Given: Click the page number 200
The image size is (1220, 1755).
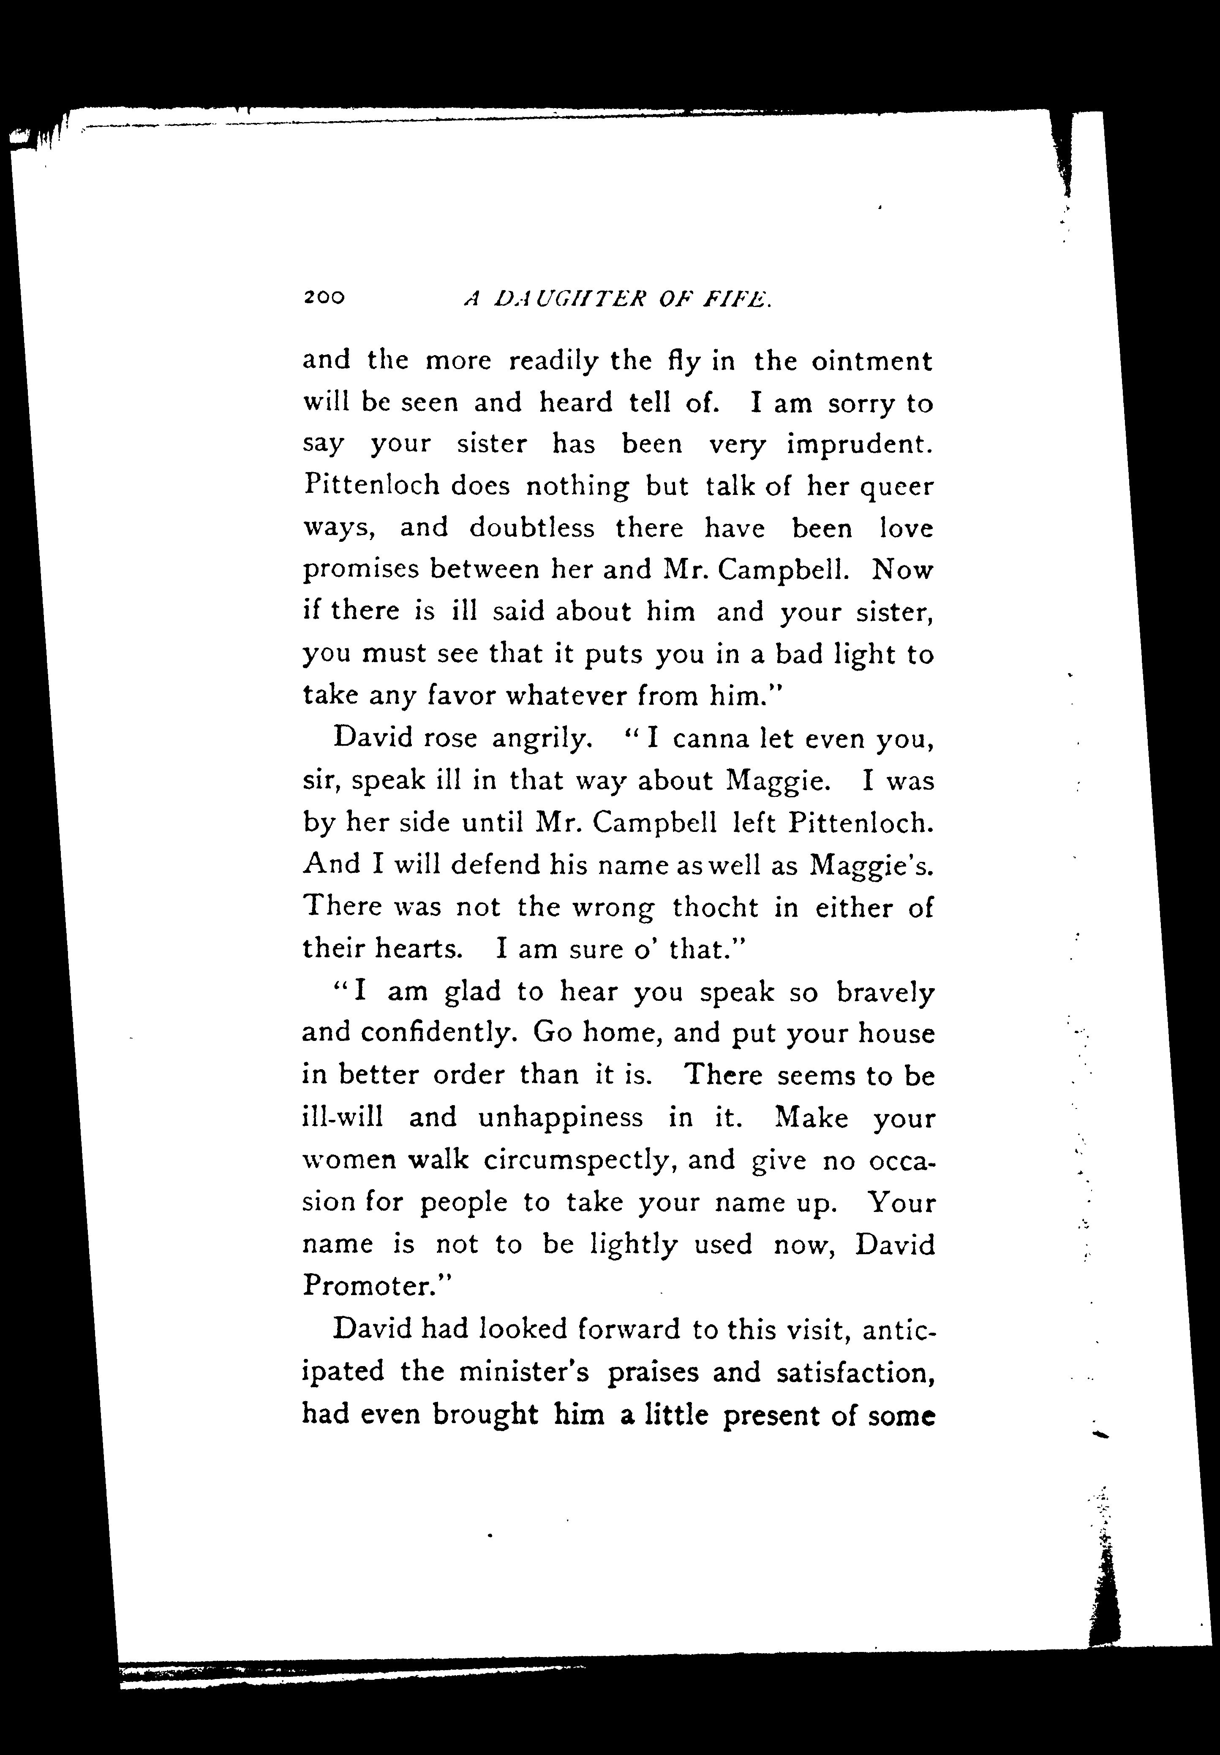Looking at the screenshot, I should point(324,298).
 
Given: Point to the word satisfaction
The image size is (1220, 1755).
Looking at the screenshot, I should point(855,1373).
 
